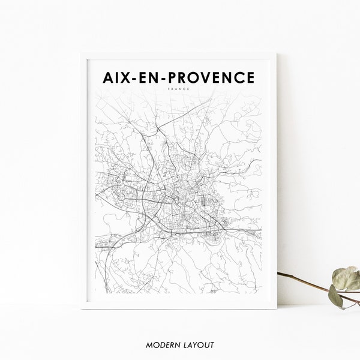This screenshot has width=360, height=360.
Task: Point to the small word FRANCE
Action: point(179,89)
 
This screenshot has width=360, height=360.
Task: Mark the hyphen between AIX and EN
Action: point(138,79)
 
